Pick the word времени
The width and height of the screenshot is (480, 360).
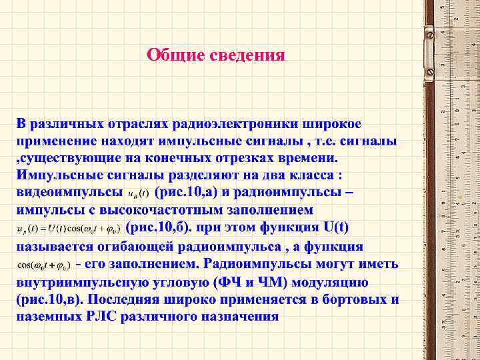(308, 159)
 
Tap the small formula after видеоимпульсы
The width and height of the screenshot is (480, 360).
(138, 195)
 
